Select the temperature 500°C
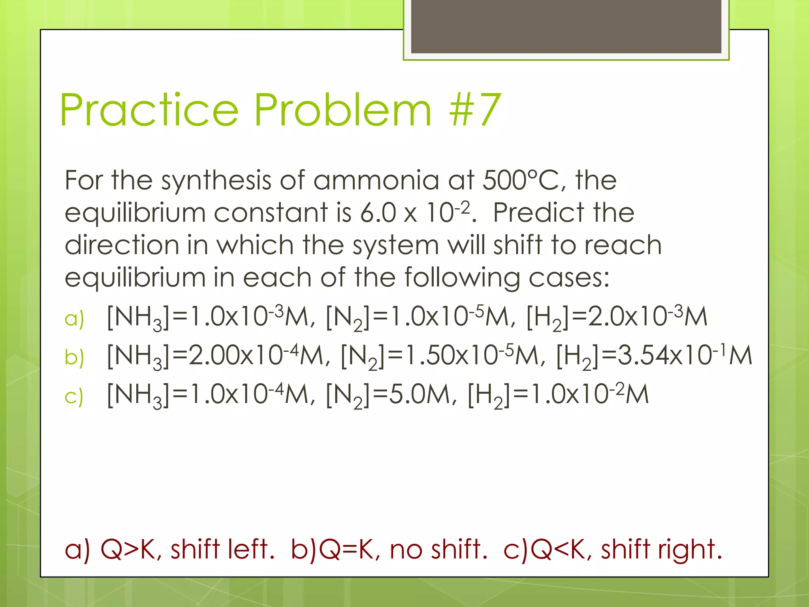521,180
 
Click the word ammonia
376,180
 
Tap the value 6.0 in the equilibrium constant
378,213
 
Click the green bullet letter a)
74,318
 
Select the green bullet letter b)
74,357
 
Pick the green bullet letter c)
74,396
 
